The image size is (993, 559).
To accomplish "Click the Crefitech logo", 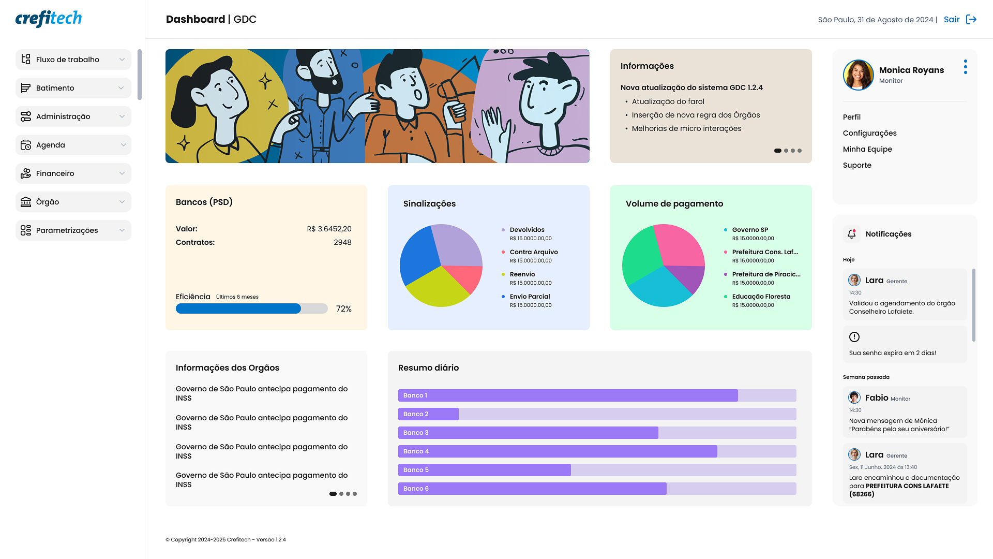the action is point(49,19).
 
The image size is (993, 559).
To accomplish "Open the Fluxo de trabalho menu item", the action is point(73,60).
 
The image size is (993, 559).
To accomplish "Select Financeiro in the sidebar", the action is point(73,173).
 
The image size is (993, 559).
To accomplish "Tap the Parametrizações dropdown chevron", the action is point(122,230).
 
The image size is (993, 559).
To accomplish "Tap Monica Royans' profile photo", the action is point(858,75).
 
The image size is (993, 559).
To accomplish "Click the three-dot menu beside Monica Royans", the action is point(966,67).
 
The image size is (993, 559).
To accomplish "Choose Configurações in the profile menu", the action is point(869,133).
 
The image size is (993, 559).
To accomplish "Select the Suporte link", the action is point(857,165).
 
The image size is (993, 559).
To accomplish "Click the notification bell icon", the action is point(852,234).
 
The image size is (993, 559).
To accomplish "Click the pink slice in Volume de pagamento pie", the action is point(680,245).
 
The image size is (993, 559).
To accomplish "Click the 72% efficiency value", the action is point(344,309).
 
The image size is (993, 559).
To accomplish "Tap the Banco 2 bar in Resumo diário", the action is point(428,414).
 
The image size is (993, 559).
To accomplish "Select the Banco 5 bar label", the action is point(416,470).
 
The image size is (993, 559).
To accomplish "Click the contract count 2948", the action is point(342,242).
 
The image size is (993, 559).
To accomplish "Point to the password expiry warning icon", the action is point(854,337).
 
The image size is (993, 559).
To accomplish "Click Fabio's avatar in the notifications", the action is point(854,398).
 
